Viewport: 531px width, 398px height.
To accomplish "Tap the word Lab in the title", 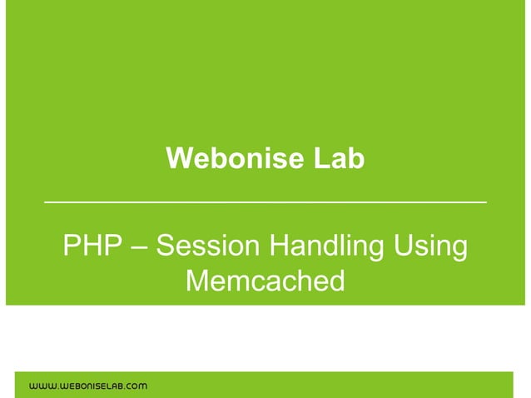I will [x=339, y=158].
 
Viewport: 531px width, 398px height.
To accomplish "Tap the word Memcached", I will [x=265, y=281].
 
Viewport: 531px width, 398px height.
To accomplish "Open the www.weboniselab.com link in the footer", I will [x=89, y=386].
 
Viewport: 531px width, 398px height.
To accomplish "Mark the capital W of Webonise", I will [x=177, y=158].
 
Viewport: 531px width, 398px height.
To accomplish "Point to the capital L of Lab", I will [x=320, y=158].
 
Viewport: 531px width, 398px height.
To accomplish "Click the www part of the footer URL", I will [x=42, y=386].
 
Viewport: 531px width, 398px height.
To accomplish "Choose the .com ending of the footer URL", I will [x=135, y=386].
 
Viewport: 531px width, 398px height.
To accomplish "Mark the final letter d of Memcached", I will [x=335, y=281].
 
